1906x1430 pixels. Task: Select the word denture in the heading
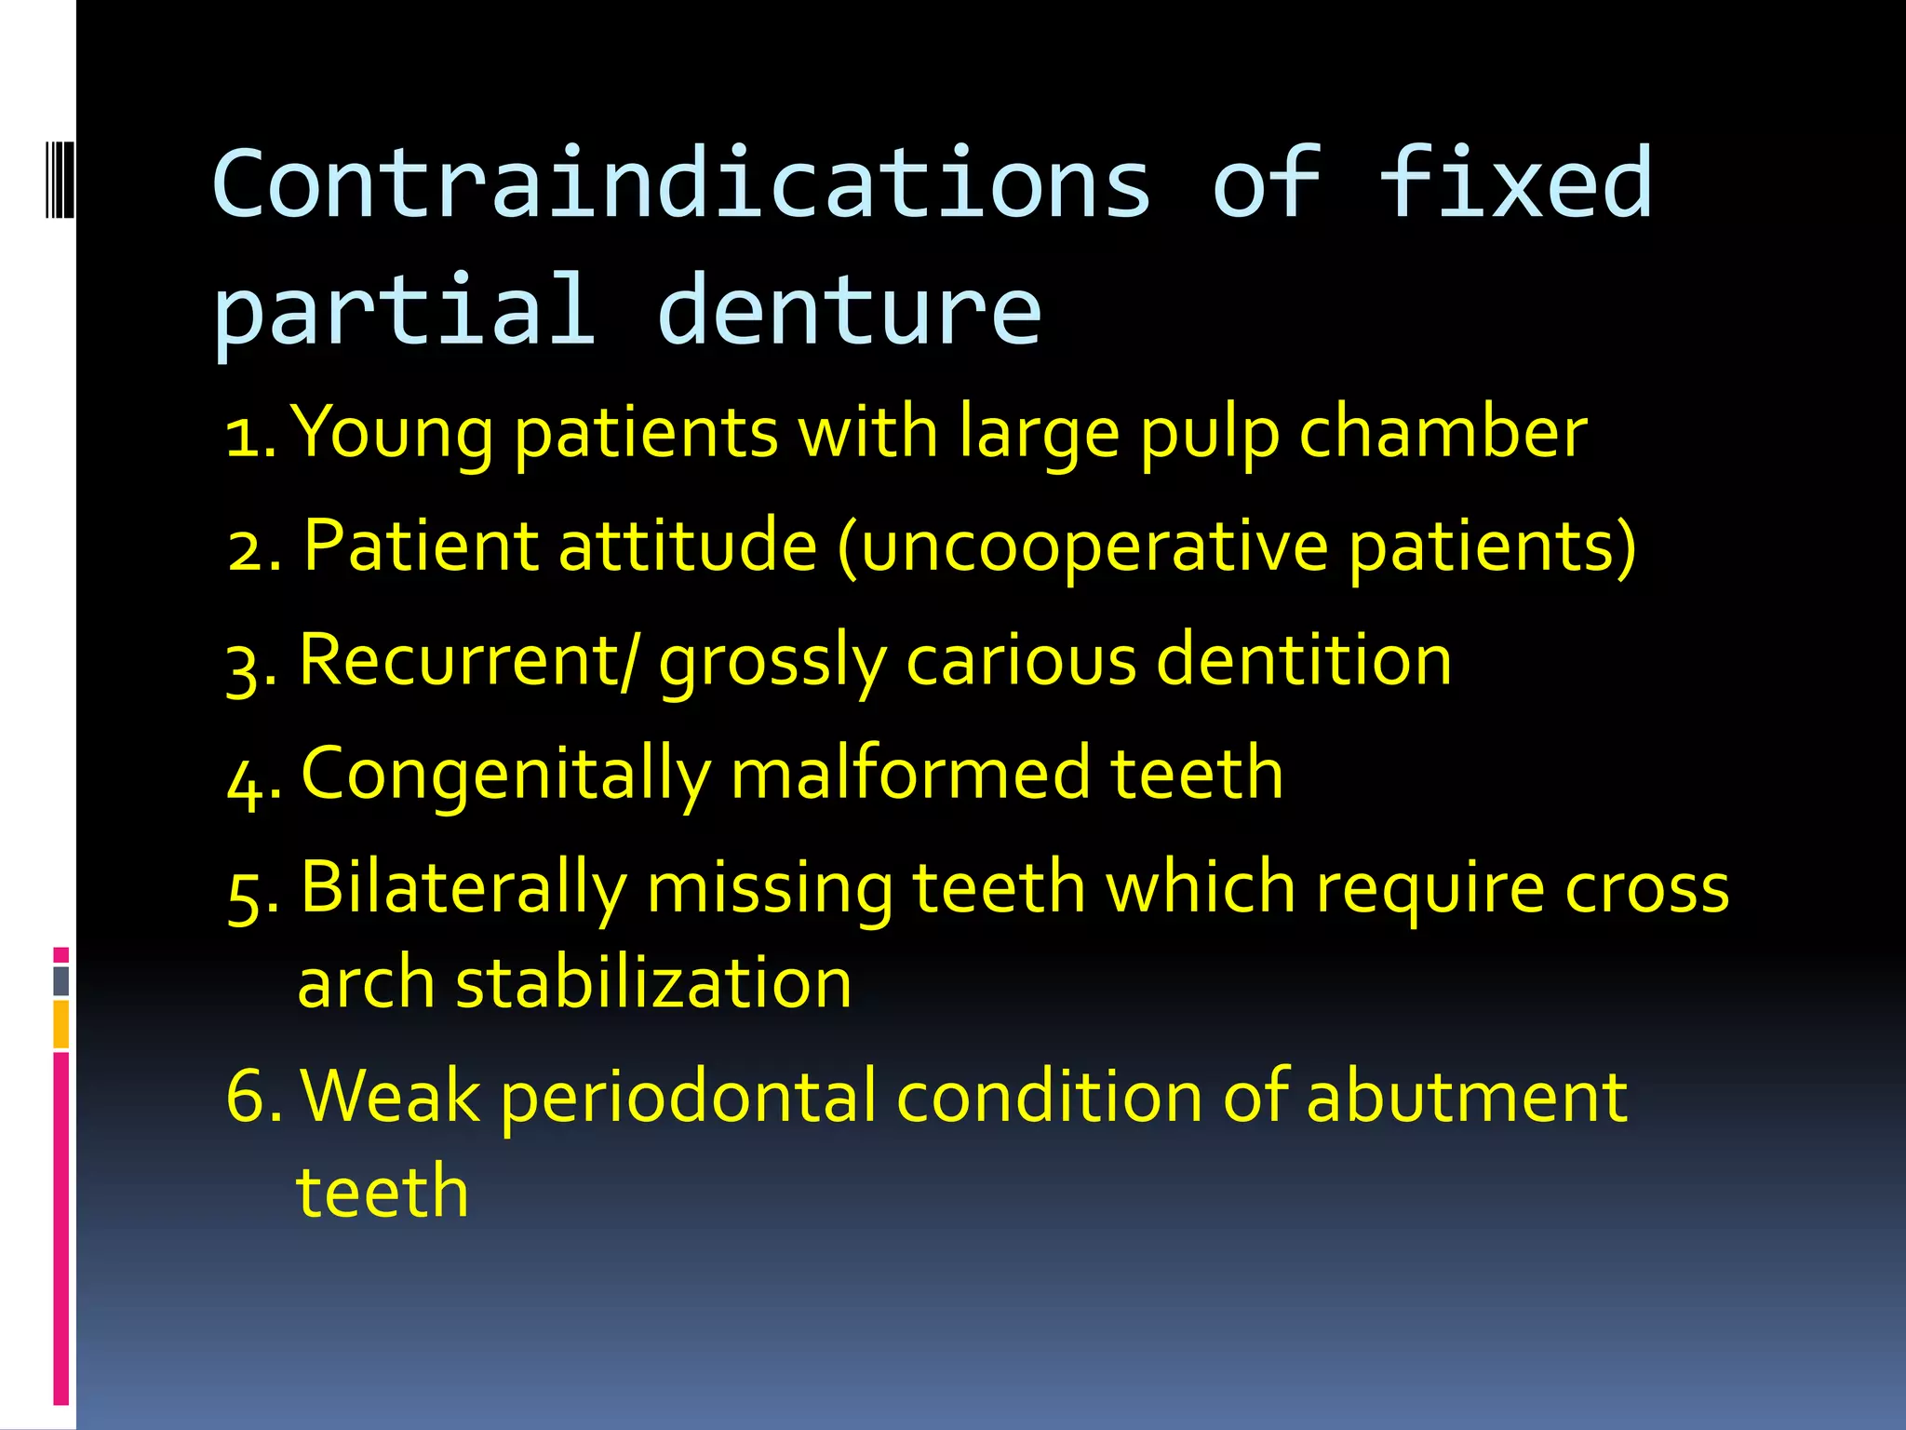coord(849,309)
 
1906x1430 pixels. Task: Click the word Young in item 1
coord(393,434)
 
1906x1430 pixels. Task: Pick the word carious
coord(1021,660)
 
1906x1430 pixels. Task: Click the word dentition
coord(1303,660)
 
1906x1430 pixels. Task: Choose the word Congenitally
coord(505,775)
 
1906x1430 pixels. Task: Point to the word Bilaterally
coord(463,888)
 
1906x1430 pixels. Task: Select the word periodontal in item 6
coord(689,1098)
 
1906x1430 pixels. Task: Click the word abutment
coord(1466,1097)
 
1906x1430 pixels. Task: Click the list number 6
coord(248,1097)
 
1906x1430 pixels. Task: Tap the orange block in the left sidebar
coord(60,1024)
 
